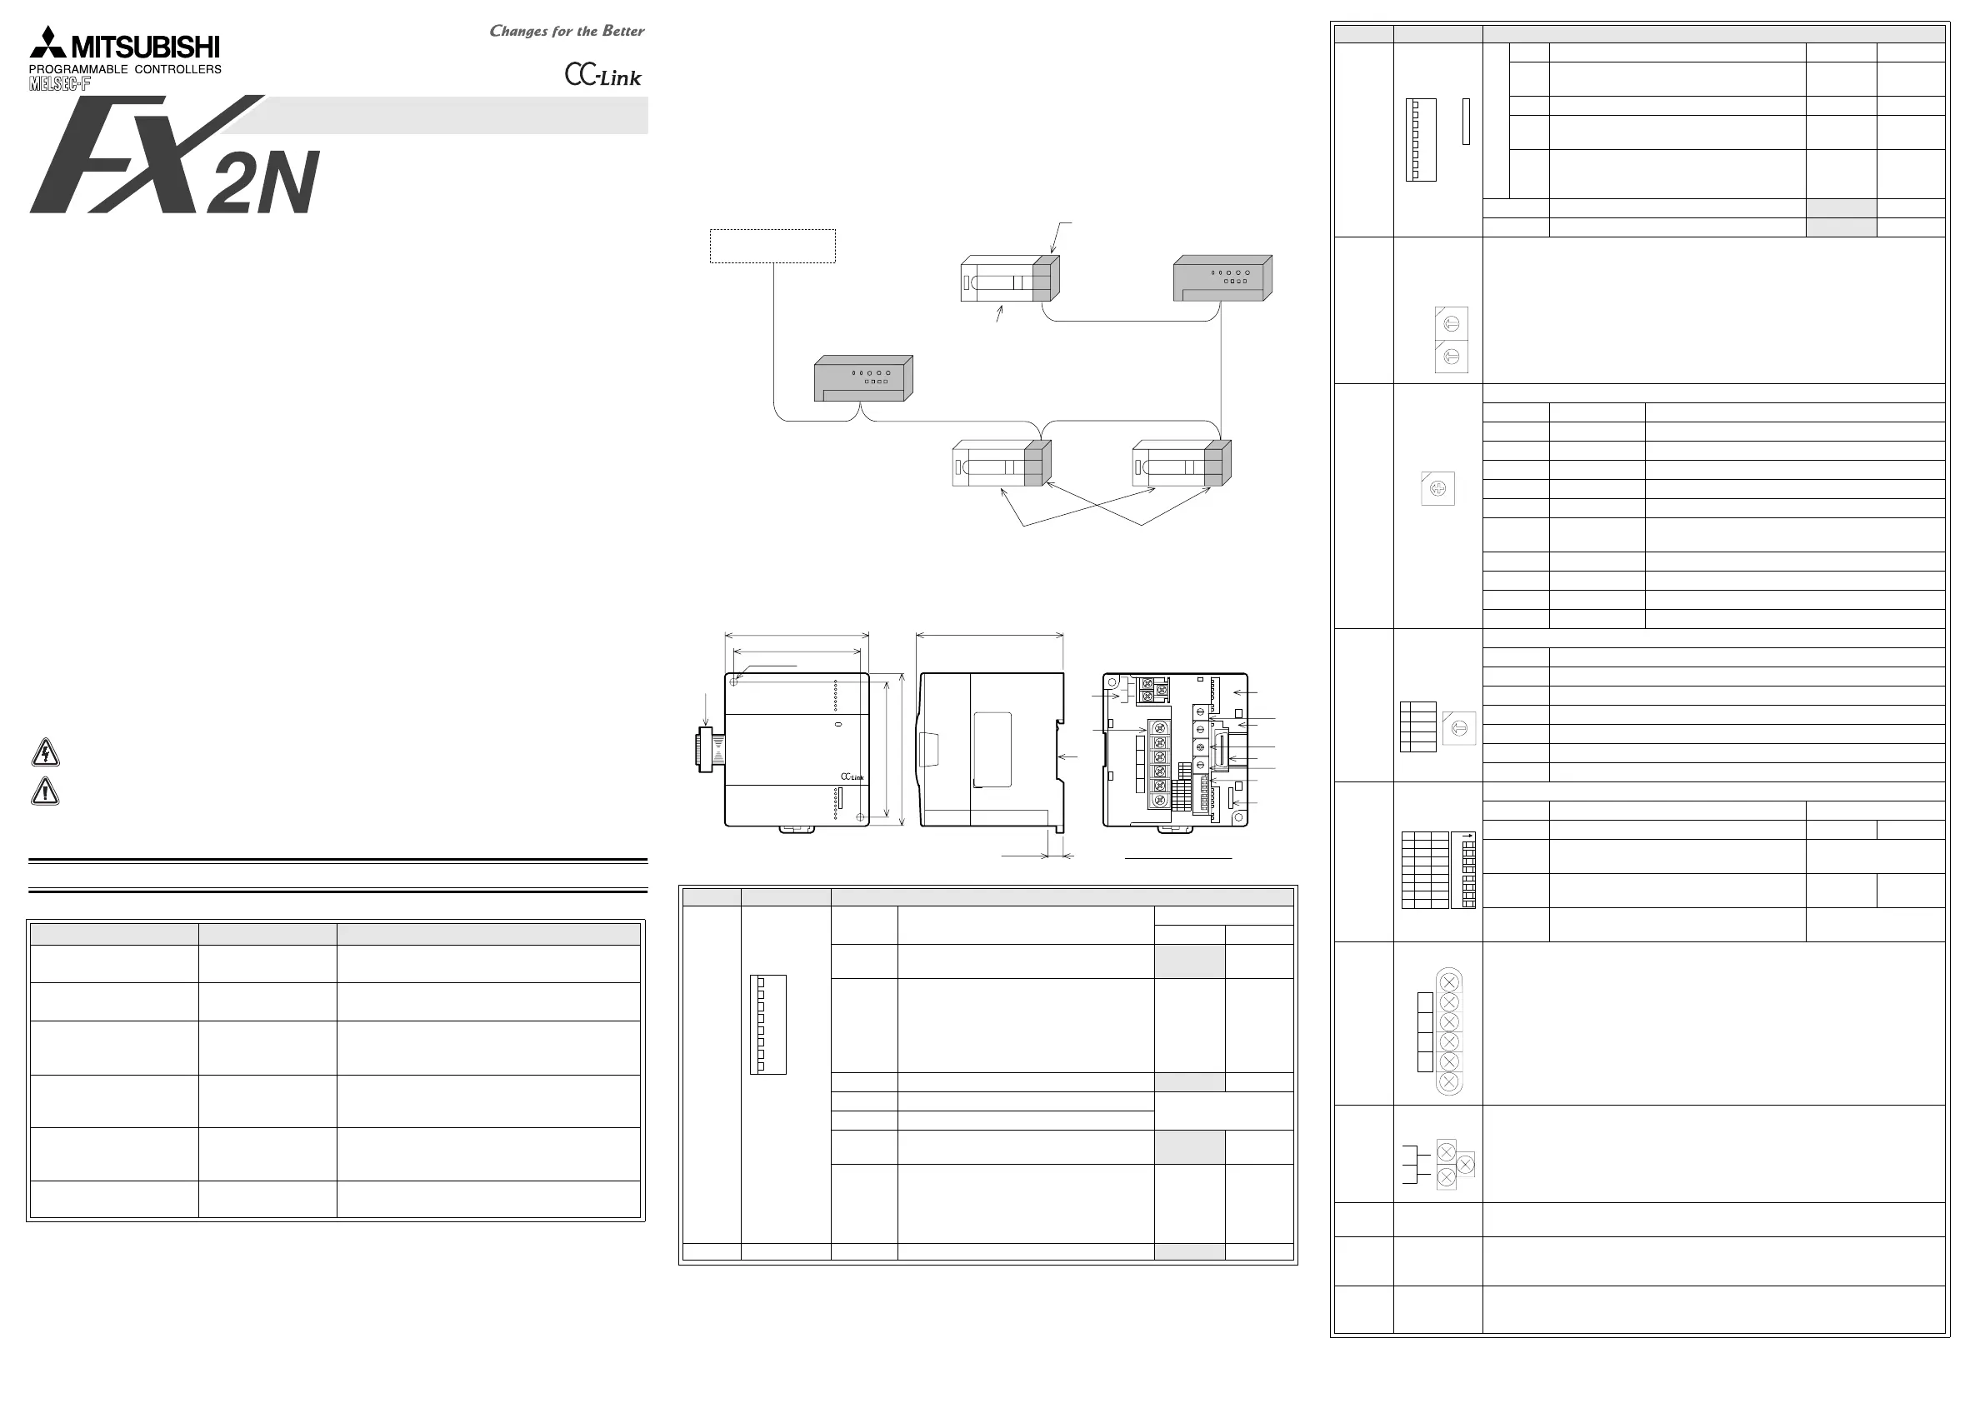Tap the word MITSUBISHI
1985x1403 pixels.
coord(145,47)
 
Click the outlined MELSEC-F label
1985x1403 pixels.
coord(60,84)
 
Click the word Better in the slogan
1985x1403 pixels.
coord(623,31)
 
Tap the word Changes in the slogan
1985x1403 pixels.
coord(518,31)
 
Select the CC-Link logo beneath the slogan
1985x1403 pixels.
coord(603,75)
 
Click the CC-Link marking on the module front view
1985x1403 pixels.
coord(852,776)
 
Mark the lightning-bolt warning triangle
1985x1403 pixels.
coord(45,753)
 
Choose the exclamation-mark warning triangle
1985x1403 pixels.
coord(45,791)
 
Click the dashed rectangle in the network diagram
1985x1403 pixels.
coord(772,246)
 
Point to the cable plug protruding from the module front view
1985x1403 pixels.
coord(710,749)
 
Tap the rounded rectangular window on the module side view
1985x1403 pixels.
coord(992,750)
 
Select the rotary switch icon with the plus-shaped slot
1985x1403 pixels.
coord(1437,488)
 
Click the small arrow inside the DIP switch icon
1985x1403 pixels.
coord(1465,836)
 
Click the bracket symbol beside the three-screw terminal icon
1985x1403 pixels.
coord(1410,1165)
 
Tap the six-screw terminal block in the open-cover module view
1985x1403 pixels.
coord(1159,764)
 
